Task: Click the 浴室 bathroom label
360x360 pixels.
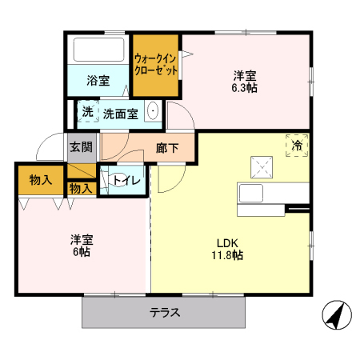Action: pos(98,80)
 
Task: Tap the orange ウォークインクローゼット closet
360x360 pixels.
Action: pos(156,64)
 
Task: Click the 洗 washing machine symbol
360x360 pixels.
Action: pos(87,113)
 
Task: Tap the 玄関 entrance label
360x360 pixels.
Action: pos(80,147)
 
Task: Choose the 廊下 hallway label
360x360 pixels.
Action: pos(166,147)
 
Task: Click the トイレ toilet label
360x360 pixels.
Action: pos(126,181)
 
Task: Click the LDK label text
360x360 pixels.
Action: pos(226,243)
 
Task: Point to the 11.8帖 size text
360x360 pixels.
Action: pos(227,256)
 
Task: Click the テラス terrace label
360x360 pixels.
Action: pos(164,313)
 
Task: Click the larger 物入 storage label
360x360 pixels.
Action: pos(40,180)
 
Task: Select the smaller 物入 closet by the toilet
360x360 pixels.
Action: pos(80,189)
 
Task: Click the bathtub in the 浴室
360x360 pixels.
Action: pos(98,51)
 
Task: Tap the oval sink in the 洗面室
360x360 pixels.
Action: pos(153,113)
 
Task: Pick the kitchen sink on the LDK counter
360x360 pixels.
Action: pos(252,194)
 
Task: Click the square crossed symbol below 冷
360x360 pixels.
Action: pos(262,167)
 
